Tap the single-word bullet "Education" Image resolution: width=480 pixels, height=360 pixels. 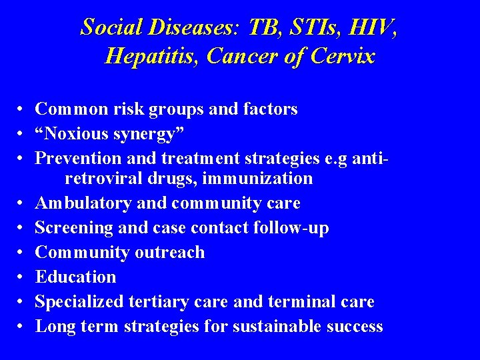pos(75,277)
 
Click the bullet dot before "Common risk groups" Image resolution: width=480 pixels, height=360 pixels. pos(22,109)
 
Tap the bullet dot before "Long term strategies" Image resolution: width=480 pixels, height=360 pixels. pos(22,327)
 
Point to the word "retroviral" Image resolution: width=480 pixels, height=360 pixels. pos(105,178)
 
